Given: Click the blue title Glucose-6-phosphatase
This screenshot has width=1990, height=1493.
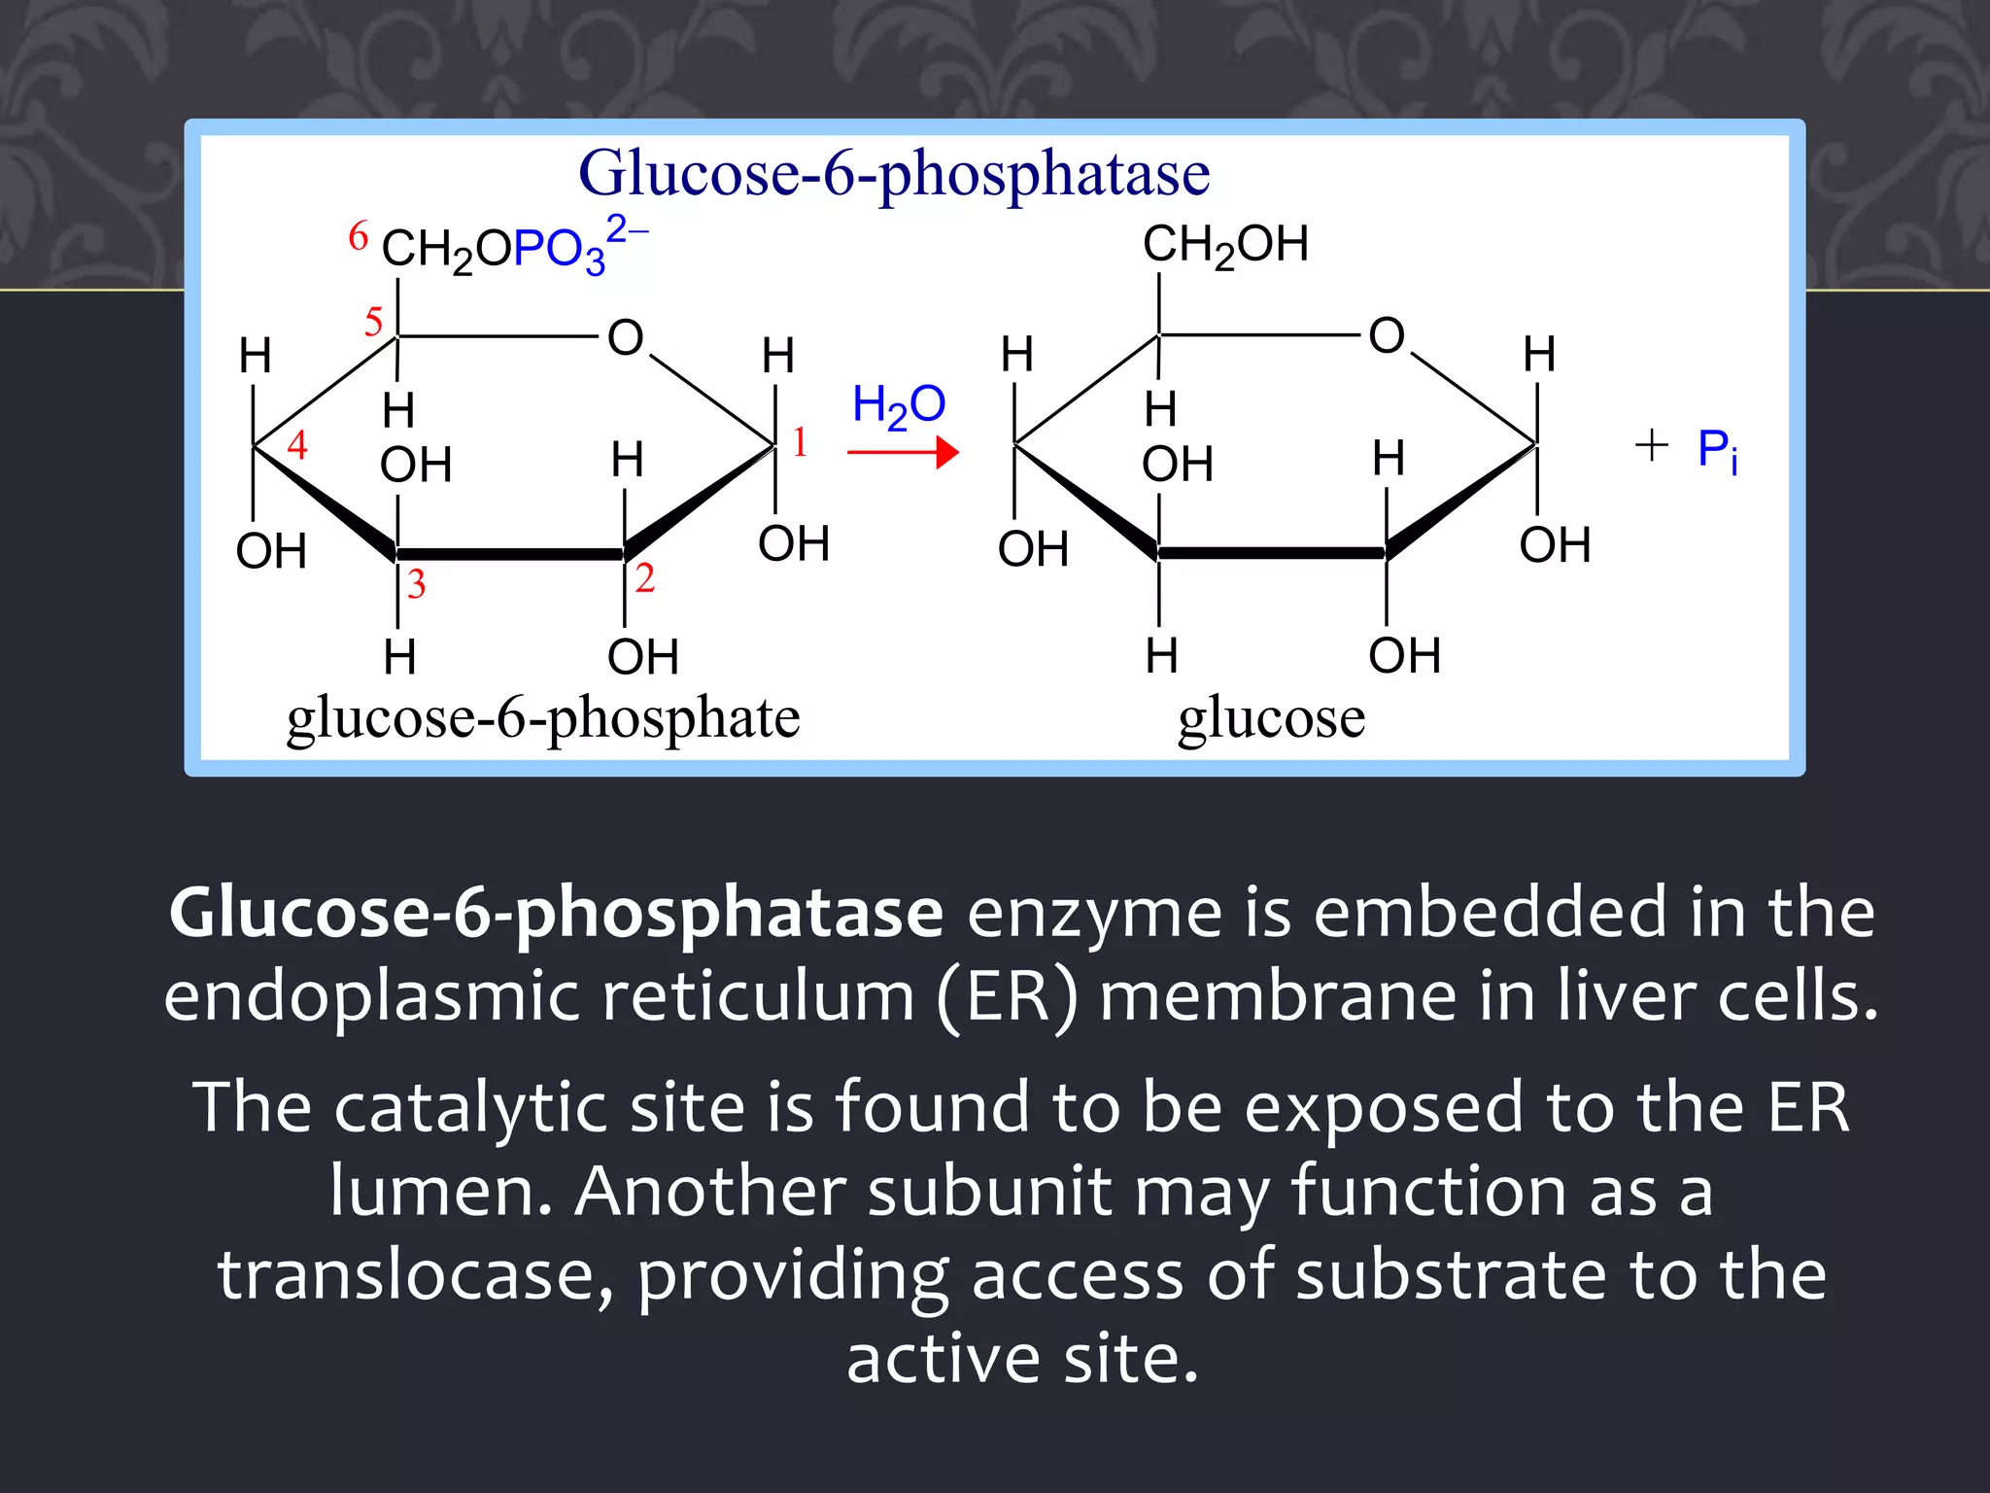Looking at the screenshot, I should (894, 175).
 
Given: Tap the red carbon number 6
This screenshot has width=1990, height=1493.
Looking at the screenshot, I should (359, 236).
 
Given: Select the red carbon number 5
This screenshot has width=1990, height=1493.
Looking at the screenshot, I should (374, 322).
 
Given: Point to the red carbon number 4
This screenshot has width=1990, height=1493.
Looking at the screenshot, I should (297, 445).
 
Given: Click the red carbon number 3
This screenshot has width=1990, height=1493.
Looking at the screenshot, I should (416, 584).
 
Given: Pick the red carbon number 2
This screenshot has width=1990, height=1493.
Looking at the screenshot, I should (645, 578).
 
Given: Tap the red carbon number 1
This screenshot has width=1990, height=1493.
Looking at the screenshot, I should (800, 442).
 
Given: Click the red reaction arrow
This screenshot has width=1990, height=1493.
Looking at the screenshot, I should (903, 452).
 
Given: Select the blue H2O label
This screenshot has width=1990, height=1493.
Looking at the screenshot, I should (899, 405).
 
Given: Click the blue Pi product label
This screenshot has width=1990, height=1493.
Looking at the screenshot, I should (1717, 451).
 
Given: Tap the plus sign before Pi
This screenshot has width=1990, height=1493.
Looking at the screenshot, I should (1651, 446).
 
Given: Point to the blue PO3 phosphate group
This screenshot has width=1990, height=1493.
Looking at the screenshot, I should (560, 251).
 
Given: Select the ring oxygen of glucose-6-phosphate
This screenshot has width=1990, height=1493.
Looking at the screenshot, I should (626, 338).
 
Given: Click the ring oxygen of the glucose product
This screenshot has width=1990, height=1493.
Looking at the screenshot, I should (1387, 336).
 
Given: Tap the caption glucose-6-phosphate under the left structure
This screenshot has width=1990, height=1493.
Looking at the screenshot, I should (543, 719).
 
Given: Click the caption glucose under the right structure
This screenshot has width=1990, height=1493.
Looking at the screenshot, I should (1271, 719).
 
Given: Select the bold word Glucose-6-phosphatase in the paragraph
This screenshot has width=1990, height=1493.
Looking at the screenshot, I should (556, 914).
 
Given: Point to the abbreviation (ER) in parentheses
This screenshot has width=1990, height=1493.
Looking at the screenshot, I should (1008, 997).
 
